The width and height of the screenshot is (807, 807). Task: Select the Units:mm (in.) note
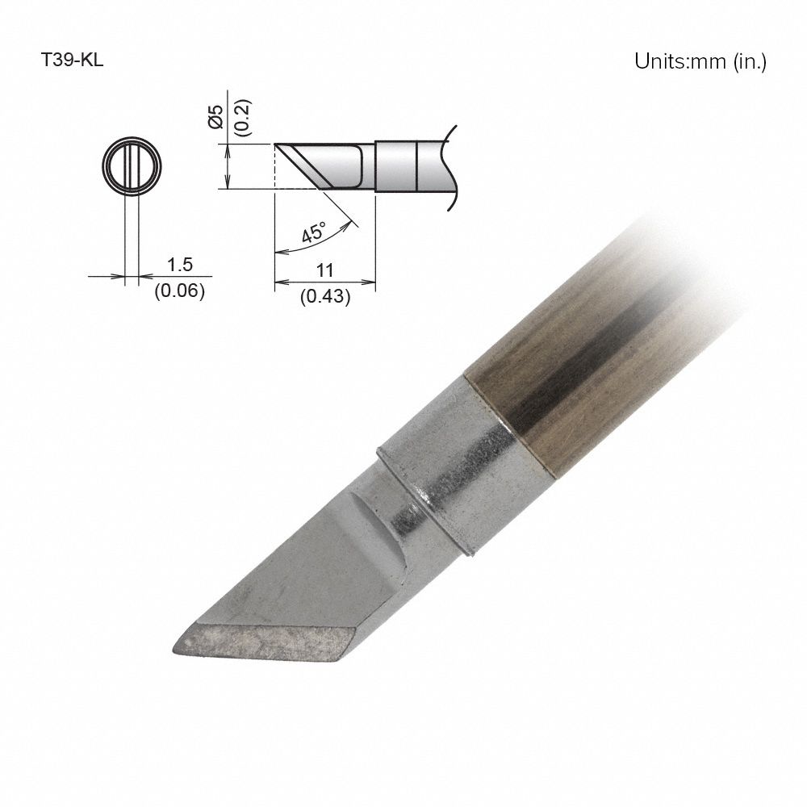pos(700,62)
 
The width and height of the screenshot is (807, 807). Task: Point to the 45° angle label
pos(314,232)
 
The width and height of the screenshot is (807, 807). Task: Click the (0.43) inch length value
pos(324,296)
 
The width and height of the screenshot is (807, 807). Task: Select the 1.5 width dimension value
pos(178,266)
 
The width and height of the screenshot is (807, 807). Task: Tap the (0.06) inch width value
pos(178,291)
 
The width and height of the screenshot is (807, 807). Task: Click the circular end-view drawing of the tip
pos(132,167)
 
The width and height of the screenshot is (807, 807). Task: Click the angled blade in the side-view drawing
pos(323,165)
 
